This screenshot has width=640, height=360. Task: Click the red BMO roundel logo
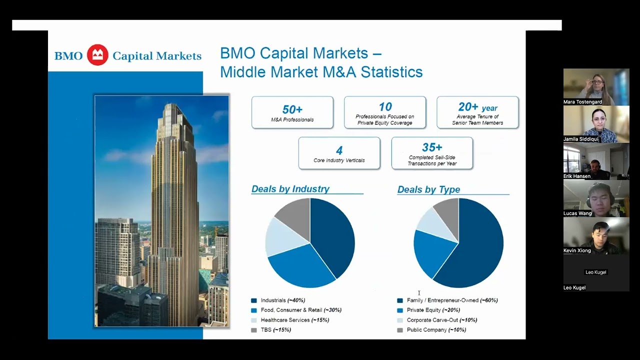point(97,55)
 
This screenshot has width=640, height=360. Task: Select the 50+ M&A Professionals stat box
point(292,112)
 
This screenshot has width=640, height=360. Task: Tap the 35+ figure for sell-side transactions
point(432,147)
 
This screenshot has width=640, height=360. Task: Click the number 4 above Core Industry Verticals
point(339,150)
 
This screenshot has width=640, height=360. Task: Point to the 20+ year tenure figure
point(477,107)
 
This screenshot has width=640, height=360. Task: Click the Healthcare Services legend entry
point(290,320)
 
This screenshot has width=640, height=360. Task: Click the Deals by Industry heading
point(290,189)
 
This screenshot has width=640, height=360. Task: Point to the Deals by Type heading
point(428,189)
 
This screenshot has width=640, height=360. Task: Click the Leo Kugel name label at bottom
point(574,287)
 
